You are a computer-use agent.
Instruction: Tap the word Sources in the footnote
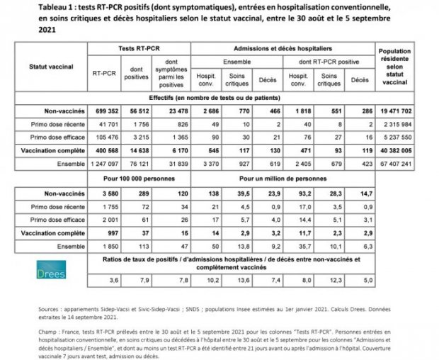tap(52, 310)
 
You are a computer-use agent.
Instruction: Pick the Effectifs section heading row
tap(220, 97)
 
